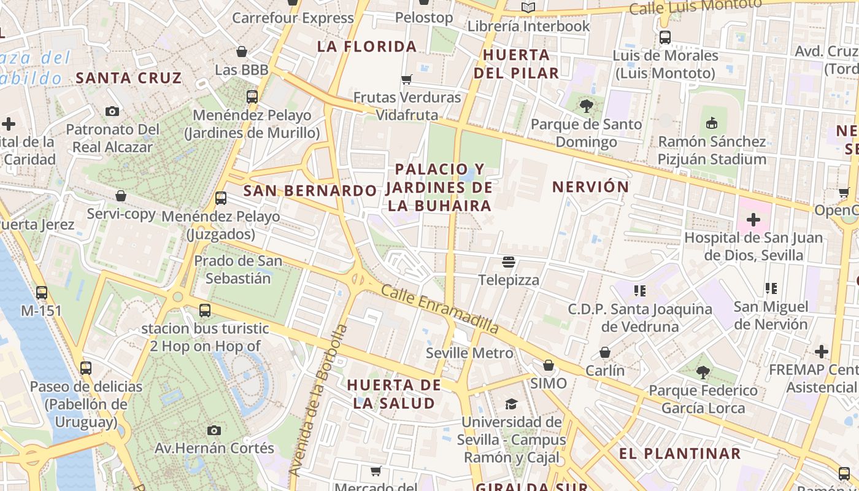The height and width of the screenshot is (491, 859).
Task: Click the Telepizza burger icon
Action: (508, 263)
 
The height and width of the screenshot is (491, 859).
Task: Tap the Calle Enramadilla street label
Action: (439, 310)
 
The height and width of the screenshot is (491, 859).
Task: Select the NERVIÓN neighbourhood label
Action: (590, 187)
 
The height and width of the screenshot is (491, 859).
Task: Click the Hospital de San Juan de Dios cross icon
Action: (753, 220)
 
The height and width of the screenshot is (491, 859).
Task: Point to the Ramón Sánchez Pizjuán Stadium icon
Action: (712, 123)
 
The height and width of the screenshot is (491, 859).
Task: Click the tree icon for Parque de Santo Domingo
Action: (587, 106)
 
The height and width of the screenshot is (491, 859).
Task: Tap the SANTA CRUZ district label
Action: (129, 78)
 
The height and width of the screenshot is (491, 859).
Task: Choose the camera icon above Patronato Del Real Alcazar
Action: (112, 111)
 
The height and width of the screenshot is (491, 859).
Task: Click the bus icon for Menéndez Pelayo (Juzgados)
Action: (221, 198)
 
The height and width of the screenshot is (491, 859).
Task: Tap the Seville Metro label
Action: (469, 353)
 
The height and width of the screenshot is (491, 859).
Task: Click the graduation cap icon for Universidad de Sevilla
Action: (511, 404)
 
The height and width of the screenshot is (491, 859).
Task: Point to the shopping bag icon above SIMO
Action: (549, 365)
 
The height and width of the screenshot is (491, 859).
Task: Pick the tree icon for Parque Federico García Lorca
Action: (703, 371)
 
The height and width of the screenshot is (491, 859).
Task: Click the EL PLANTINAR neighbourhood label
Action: (680, 454)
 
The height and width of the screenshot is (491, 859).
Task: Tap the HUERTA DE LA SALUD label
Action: (394, 394)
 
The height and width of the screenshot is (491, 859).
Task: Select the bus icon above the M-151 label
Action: (42, 292)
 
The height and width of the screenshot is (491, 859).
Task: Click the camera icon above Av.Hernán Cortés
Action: (214, 430)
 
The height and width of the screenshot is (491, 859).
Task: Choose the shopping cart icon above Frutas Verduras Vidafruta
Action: (406, 79)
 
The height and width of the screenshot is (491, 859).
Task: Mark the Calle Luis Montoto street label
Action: (695, 7)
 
